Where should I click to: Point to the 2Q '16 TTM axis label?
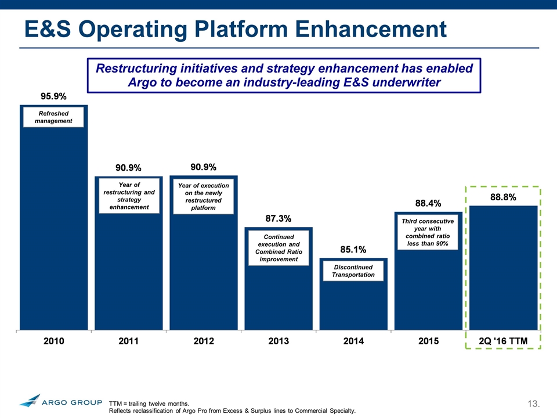502,341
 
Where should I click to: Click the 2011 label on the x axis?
128,341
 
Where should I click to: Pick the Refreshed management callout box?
53,117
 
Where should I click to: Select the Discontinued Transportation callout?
353,271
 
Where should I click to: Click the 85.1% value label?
353,250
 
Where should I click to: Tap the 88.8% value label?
503,197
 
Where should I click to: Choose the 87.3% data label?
278,218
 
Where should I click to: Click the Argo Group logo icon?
30,401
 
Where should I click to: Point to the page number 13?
534,403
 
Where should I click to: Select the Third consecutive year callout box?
428,232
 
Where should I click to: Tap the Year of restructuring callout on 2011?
128,196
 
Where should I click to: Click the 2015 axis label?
428,341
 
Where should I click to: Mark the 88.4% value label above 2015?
428,203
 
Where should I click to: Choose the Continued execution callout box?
278,248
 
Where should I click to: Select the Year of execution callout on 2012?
203,196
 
